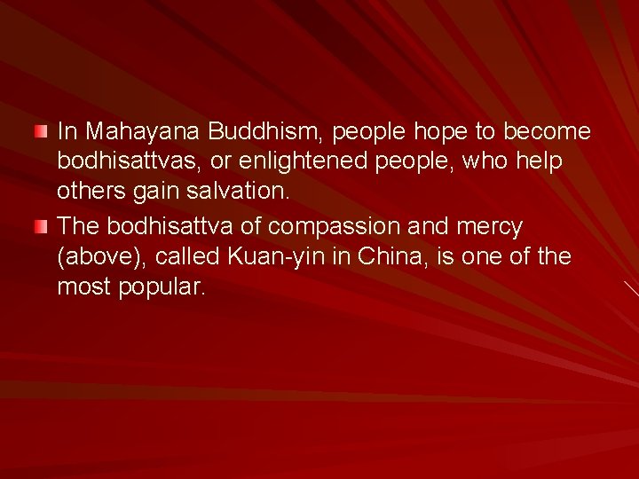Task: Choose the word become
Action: pyautogui.click(x=547, y=132)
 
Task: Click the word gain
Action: pyautogui.click(x=154, y=192)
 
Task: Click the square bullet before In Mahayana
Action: pyautogui.click(x=40, y=132)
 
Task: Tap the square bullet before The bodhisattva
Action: pyautogui.click(x=40, y=227)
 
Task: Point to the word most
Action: pyautogui.click(x=83, y=287)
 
